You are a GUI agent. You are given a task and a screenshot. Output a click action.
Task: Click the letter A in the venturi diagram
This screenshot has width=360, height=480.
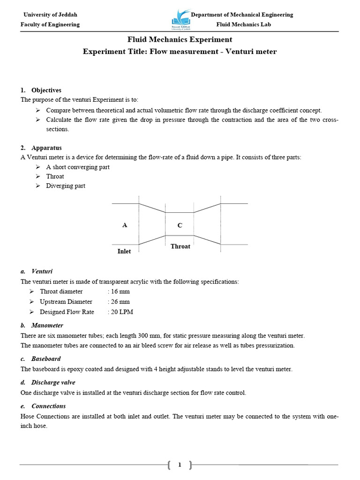point(125,225)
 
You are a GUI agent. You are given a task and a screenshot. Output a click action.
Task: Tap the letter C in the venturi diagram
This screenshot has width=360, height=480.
point(180,225)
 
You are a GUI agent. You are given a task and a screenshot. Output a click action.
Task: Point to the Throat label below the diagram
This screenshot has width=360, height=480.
point(180,246)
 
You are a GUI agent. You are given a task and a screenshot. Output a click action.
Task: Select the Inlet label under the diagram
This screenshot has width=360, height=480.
point(124,251)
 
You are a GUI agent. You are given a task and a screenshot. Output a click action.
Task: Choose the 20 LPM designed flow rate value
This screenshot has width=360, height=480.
point(120,312)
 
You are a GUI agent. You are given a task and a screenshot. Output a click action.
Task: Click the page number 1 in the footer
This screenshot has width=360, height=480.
point(180,465)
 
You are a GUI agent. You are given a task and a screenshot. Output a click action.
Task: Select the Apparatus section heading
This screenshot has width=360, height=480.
point(46,148)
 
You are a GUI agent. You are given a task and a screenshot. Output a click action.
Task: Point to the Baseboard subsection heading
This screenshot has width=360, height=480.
point(46,359)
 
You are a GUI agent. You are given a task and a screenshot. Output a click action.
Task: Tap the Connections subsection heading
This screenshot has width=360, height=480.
point(48,406)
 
